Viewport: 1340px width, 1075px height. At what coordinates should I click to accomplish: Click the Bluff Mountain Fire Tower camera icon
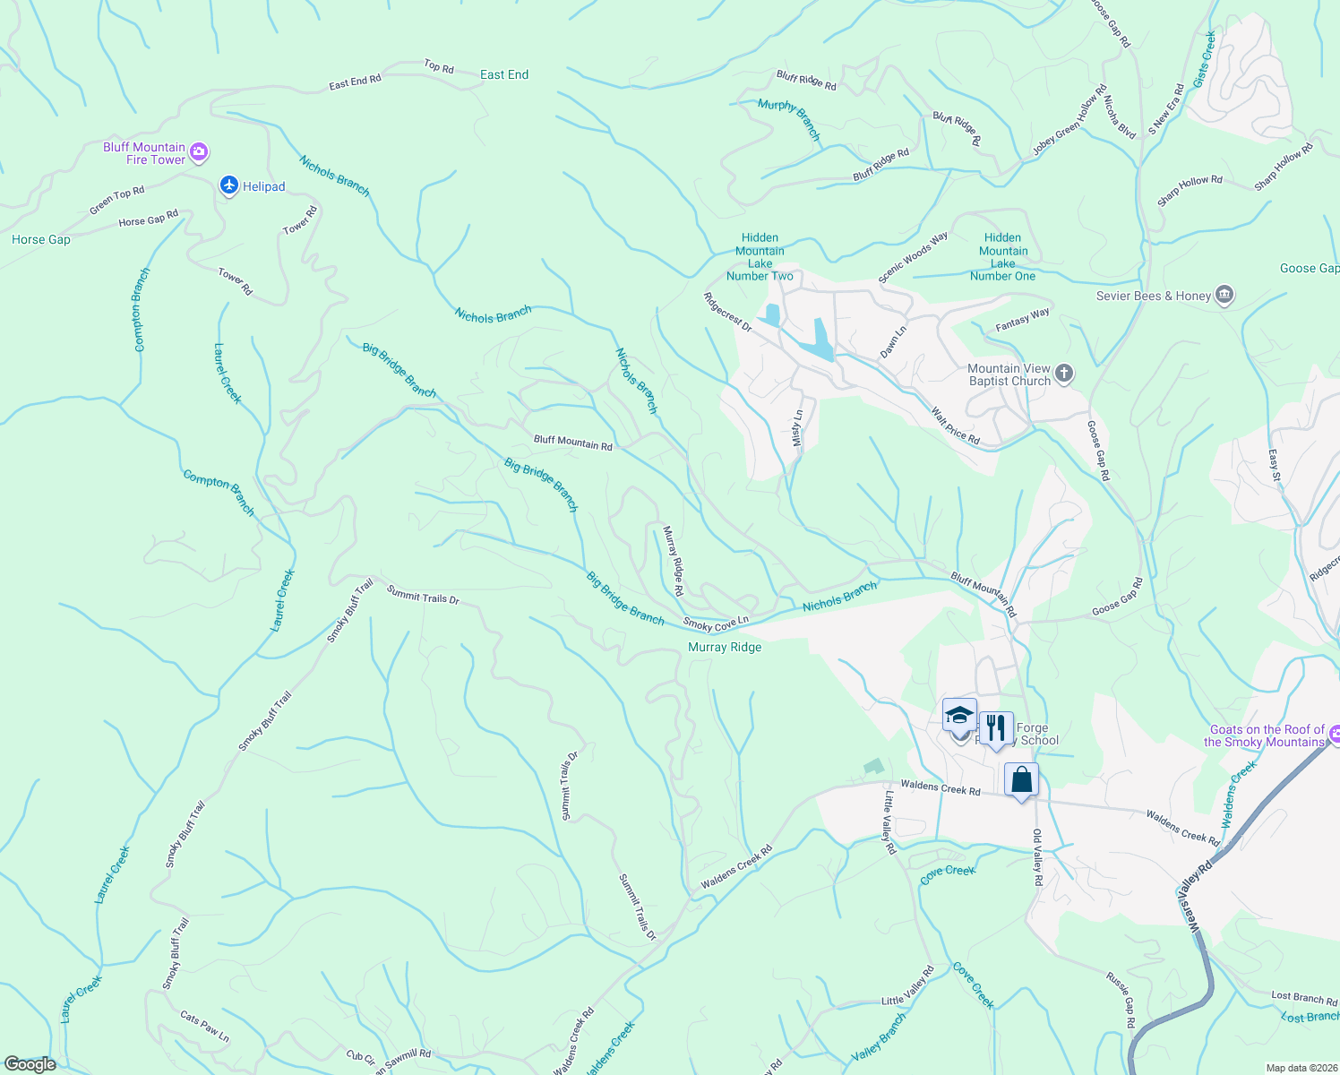click(200, 153)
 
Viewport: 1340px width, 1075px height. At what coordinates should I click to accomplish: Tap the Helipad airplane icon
click(229, 185)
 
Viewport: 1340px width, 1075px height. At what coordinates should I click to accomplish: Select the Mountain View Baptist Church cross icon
click(1064, 374)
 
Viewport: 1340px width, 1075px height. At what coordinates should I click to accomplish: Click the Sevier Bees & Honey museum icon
click(1224, 296)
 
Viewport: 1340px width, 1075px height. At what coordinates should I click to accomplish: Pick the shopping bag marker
click(1021, 780)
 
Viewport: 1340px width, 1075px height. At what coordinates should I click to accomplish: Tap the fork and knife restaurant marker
click(995, 728)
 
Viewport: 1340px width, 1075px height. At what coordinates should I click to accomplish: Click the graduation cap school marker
click(959, 716)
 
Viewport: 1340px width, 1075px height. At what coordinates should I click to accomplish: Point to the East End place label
click(504, 75)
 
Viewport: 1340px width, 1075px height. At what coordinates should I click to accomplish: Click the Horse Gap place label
click(41, 240)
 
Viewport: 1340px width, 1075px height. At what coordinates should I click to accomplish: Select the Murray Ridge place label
click(725, 648)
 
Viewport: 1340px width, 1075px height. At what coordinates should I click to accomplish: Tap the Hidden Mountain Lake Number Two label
click(760, 257)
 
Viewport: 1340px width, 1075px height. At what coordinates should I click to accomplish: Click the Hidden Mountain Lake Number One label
click(1002, 257)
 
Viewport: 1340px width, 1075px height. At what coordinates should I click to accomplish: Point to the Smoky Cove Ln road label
click(716, 623)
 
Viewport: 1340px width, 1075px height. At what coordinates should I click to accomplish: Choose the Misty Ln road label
click(798, 429)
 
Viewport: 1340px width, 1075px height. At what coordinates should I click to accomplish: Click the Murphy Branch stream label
click(789, 118)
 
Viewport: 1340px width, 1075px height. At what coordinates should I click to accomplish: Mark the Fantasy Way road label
click(1022, 319)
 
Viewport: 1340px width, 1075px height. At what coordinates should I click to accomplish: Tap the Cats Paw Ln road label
click(204, 1027)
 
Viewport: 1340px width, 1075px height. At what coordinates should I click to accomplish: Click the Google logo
click(30, 1064)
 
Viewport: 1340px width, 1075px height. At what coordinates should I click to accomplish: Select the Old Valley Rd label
click(1037, 857)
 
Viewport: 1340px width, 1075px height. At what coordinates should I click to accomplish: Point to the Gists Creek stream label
click(1205, 59)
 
